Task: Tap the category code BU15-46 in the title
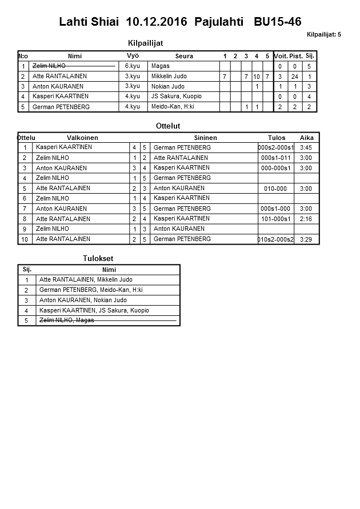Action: (278, 22)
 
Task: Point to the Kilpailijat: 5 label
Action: (323, 35)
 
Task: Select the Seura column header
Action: (184, 56)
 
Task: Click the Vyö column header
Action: (133, 55)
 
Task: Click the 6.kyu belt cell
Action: (133, 66)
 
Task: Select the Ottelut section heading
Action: (168, 126)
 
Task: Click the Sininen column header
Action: (205, 138)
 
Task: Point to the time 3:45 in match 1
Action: (306, 147)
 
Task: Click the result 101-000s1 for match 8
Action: (275, 219)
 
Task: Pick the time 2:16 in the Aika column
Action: (306, 219)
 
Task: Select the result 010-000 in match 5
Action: (275, 189)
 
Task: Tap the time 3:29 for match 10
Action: (306, 239)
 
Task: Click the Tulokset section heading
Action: (98, 259)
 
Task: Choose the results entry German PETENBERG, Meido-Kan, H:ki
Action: (91, 290)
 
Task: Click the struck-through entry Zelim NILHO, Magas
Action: (66, 320)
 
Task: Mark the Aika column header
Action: (307, 138)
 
